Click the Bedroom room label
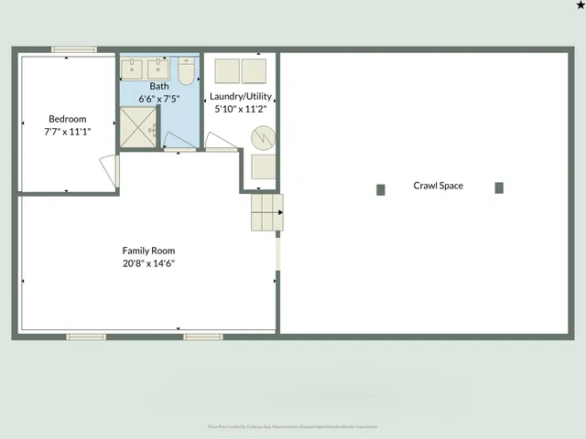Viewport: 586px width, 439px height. (68, 119)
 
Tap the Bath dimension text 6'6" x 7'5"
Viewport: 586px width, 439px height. (159, 99)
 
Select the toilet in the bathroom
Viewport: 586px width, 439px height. (186, 70)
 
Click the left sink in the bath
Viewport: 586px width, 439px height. (135, 69)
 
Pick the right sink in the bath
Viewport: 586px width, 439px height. (157, 69)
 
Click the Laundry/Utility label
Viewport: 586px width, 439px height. (239, 96)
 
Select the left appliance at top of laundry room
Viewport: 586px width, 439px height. (226, 70)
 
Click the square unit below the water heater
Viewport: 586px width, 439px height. (264, 166)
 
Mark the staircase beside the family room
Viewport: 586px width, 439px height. (267, 213)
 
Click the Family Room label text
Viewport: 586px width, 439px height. (148, 251)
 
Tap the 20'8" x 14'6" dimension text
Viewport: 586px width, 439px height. (148, 263)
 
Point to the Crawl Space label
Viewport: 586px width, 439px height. (438, 186)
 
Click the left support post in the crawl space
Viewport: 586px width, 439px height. (381, 189)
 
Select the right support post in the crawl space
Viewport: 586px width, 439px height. (499, 187)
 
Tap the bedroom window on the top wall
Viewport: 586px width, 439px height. (74, 49)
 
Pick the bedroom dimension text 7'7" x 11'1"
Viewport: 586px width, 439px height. (68, 132)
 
